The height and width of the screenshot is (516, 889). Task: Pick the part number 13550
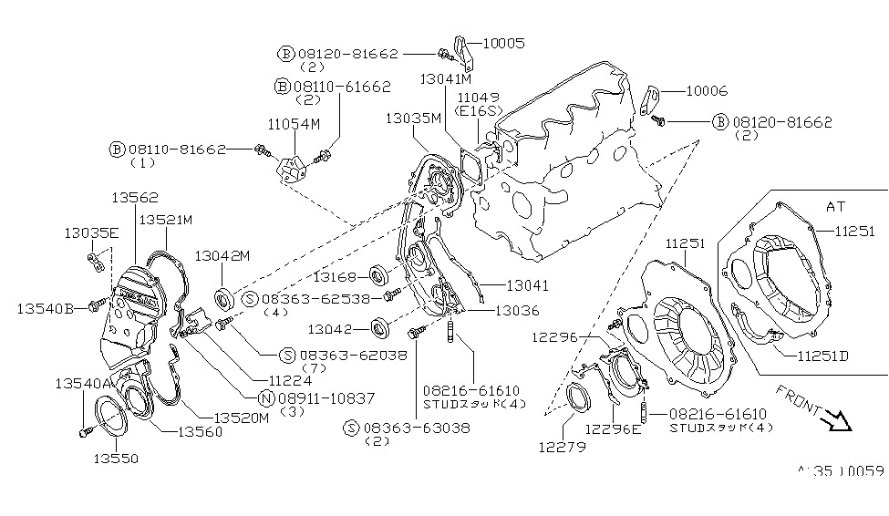[x=115, y=459]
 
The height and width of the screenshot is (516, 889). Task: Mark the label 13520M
[x=243, y=418]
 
